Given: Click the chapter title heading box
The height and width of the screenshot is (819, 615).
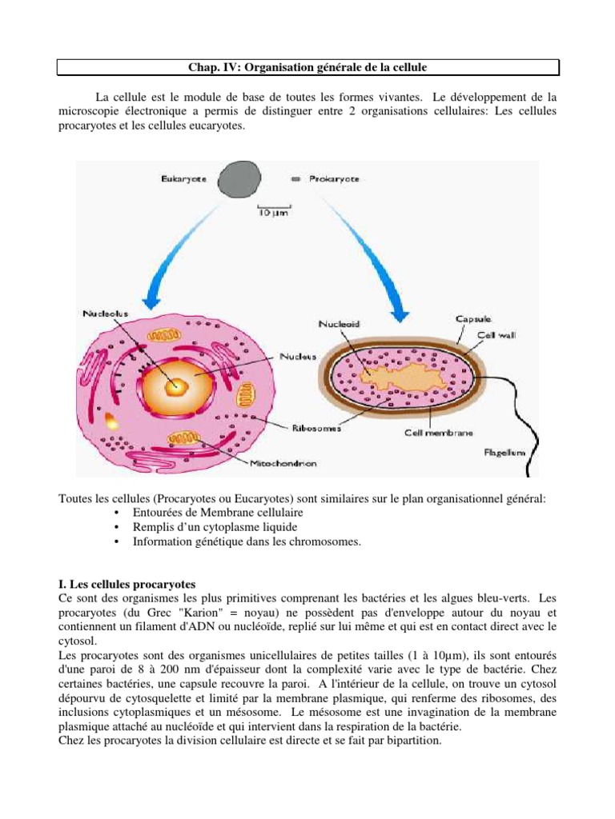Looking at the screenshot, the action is click(308, 66).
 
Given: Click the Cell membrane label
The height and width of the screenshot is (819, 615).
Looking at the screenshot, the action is click(438, 433).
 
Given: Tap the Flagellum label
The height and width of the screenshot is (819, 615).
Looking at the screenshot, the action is click(505, 452).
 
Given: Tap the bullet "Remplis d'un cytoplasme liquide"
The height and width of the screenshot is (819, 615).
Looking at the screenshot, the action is click(215, 527).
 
